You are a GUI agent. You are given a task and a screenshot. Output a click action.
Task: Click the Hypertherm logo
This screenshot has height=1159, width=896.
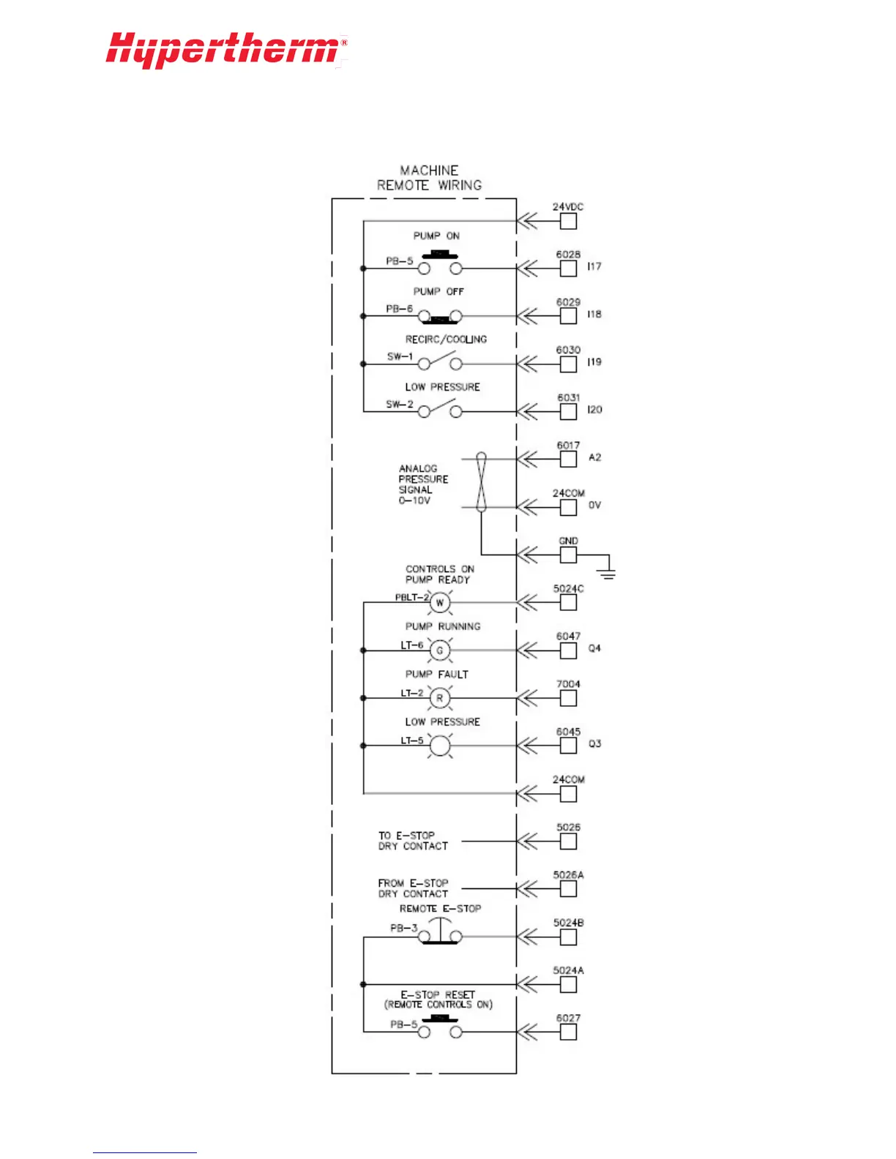(x=225, y=50)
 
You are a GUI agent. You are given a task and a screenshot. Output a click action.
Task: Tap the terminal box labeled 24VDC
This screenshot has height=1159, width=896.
(x=568, y=221)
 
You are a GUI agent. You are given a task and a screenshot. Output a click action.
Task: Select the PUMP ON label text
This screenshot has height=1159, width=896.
(x=436, y=236)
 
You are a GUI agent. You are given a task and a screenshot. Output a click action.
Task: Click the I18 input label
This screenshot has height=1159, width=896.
(x=594, y=314)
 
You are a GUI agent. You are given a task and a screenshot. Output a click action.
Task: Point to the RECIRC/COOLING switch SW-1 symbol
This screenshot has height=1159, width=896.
(x=440, y=361)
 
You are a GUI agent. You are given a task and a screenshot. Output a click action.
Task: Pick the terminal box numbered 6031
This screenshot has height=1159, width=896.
(x=568, y=411)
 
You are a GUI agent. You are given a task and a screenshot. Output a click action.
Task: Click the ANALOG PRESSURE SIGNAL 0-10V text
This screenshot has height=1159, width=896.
(x=422, y=484)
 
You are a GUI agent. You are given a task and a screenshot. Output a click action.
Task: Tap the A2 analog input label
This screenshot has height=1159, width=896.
(x=594, y=457)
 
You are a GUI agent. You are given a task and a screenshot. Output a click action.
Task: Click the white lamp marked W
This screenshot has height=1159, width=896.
(x=440, y=603)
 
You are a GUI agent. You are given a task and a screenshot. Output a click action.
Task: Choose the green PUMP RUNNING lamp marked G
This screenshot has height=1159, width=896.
(x=440, y=650)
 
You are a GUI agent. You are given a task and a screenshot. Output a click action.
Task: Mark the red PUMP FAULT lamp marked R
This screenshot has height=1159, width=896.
(x=440, y=698)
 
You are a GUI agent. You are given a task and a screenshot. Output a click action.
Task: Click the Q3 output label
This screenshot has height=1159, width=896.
(x=594, y=743)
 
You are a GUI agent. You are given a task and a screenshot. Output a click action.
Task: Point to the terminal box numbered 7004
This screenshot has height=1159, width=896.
(x=568, y=698)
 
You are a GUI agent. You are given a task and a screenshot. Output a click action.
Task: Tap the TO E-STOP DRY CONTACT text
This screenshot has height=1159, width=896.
(x=413, y=841)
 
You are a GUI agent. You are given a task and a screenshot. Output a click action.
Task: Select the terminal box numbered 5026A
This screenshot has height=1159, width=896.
(x=568, y=889)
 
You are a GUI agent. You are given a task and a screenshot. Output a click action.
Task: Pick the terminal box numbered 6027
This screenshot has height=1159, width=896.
(x=568, y=1032)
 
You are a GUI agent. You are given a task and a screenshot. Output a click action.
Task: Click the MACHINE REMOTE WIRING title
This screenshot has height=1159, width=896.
(x=429, y=178)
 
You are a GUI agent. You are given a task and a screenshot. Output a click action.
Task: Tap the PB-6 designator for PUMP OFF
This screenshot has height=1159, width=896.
(x=400, y=309)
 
